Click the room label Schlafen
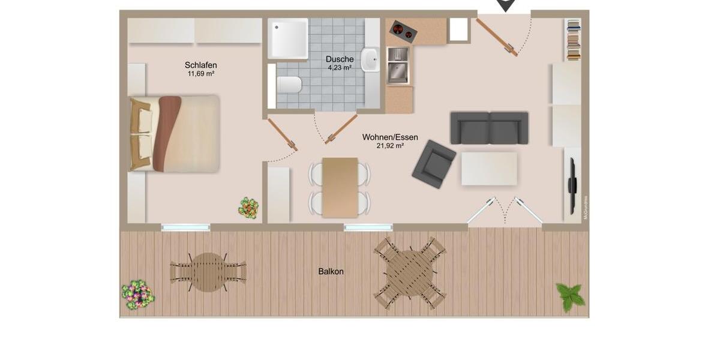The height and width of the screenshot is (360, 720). (200, 65)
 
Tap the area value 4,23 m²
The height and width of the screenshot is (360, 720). (340, 68)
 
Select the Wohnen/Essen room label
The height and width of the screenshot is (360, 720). (390, 137)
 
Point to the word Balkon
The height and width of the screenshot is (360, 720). (331, 271)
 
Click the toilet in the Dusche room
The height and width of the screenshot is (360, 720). (288, 85)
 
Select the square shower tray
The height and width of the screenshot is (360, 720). (288, 38)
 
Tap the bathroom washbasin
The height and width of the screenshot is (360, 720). (370, 60)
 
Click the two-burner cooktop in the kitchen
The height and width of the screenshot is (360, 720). (403, 31)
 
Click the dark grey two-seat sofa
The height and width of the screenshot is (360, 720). (489, 128)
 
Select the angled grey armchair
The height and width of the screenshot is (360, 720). (434, 163)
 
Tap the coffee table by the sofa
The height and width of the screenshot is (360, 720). (489, 169)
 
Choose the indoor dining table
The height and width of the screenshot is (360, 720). (340, 187)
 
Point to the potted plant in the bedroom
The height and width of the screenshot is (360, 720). (248, 208)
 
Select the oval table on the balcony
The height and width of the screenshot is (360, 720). (208, 272)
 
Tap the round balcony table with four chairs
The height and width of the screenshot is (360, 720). (410, 273)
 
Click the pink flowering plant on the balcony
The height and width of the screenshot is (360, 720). (138, 294)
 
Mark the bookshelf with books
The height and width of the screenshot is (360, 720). (574, 40)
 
